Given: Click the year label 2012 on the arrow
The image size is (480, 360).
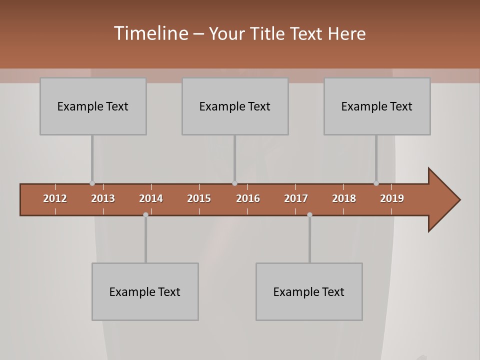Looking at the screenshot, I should [55, 198].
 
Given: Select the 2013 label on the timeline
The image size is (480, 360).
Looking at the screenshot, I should [103, 198].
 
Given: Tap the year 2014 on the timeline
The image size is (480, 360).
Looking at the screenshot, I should [151, 198].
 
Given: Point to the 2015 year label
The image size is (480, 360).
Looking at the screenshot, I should [199, 198].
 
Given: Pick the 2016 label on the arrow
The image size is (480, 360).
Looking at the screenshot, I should [248, 198].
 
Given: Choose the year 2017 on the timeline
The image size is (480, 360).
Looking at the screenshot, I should [296, 198].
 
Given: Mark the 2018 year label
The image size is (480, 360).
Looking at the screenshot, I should [344, 198].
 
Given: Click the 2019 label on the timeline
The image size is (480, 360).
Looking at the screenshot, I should [392, 198].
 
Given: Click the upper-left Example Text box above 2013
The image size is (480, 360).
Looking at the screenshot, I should [93, 106].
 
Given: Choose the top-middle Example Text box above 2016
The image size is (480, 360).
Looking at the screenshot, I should [235, 106].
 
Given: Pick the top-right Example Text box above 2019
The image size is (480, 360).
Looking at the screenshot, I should [377, 106].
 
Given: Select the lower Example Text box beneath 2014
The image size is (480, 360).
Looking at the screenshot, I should [145, 291].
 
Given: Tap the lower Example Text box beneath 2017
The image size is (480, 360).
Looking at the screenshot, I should [309, 291].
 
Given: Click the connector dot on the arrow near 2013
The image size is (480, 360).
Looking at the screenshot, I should [92, 183].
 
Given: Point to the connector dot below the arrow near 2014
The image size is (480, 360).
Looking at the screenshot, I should [145, 214].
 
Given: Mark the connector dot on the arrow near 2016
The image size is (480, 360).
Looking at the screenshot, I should [234, 183].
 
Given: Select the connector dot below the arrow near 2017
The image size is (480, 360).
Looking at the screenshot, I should [309, 214].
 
